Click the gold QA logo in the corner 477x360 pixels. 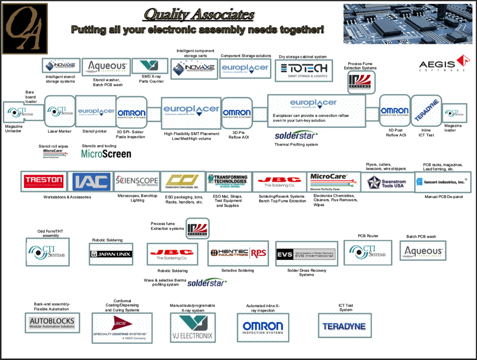click(25, 29)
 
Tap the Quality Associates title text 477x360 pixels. click(199, 15)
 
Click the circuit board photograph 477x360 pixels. click(408, 24)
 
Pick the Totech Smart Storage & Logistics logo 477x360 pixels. click(304, 70)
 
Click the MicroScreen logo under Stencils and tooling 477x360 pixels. click(106, 154)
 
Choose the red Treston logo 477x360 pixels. click(44, 181)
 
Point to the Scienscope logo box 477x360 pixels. click(137, 181)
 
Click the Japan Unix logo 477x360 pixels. click(111, 254)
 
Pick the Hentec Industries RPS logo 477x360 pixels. click(238, 253)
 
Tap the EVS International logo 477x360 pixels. click(306, 254)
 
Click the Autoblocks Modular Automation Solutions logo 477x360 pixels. click(52, 323)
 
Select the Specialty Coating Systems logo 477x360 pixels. click(122, 328)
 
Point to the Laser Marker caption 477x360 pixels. click(59, 131)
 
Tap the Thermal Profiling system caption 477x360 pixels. click(296, 144)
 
